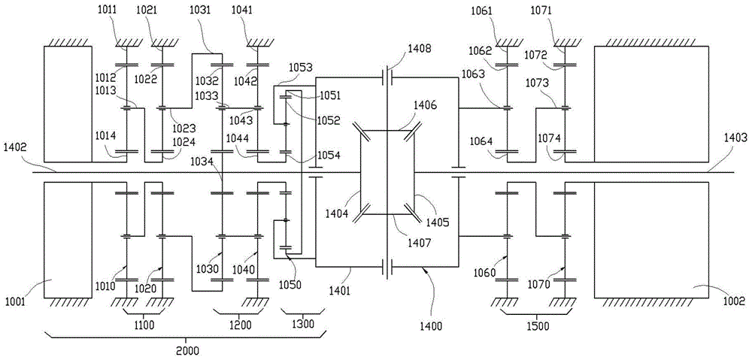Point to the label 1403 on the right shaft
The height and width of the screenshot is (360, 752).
pyautogui.click(x=735, y=138)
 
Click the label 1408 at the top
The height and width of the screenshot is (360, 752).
pyautogui.click(x=420, y=49)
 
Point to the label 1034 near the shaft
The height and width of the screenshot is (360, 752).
pyautogui.click(x=202, y=162)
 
